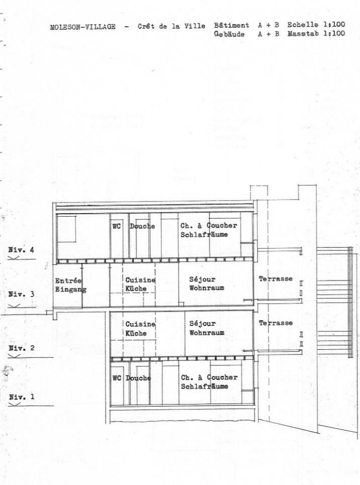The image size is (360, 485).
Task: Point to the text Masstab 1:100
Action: click(316, 34)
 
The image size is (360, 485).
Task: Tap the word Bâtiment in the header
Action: click(231, 25)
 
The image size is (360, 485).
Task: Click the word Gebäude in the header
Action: click(229, 34)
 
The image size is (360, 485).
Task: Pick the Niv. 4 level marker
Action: click(21, 249)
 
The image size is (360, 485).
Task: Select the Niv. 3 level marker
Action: click(21, 295)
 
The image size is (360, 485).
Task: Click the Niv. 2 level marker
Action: click(21, 347)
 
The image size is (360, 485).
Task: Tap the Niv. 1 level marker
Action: click(21, 397)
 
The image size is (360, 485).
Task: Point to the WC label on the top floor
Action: click(117, 226)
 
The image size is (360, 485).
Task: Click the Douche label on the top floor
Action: click(142, 226)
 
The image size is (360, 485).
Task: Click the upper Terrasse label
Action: click(276, 279)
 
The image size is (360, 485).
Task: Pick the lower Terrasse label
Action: click(276, 323)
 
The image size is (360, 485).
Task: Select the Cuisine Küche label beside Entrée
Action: click(140, 284)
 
